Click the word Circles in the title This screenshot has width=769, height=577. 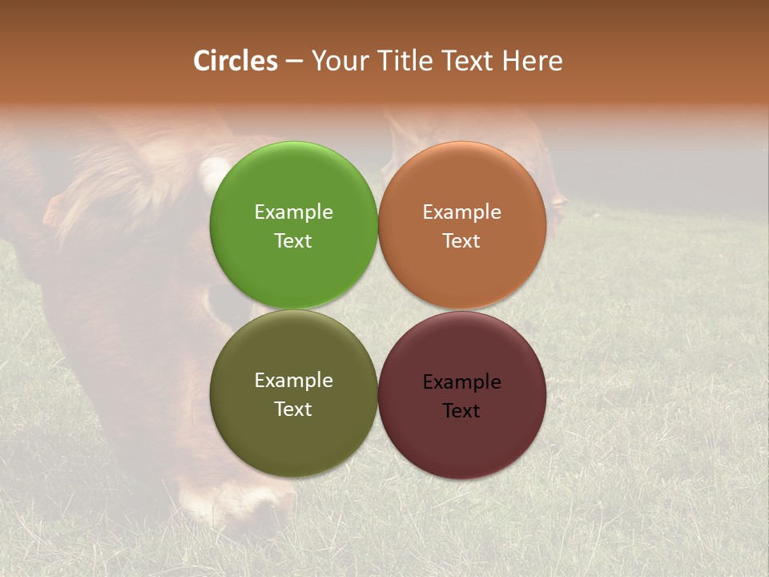(235, 61)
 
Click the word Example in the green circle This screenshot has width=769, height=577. (293, 212)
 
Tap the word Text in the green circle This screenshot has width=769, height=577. (293, 241)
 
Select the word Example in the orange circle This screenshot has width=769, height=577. (461, 212)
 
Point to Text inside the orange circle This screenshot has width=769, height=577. (461, 241)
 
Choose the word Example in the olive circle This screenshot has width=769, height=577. (293, 381)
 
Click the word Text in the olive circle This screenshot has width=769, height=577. (293, 410)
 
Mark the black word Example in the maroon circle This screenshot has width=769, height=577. (461, 382)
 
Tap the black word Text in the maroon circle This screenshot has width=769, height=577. (461, 411)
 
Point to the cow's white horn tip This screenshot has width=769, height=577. (211, 171)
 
